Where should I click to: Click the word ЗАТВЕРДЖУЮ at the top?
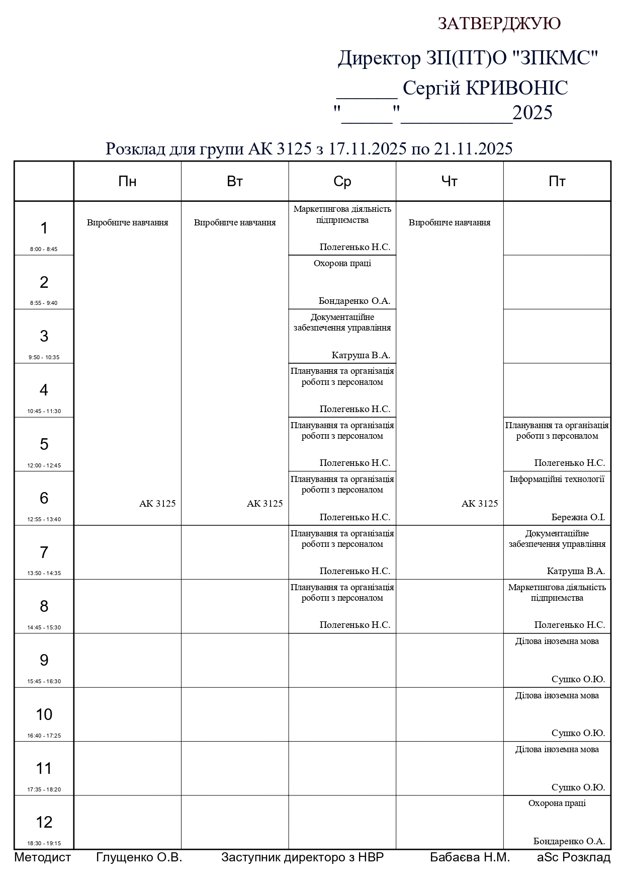tap(499, 23)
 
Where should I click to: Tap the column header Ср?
tap(342, 182)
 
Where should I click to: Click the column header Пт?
tap(557, 182)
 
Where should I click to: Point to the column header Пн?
tap(127, 182)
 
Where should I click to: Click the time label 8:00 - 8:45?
tap(44, 249)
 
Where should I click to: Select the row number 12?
tap(44, 822)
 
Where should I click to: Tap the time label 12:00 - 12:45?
tap(44, 465)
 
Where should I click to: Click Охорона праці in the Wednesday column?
tap(342, 263)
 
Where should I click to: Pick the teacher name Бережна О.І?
tap(578, 517)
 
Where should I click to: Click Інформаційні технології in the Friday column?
tap(557, 479)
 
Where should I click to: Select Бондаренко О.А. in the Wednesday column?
tap(354, 301)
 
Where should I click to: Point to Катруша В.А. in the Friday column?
tap(576, 571)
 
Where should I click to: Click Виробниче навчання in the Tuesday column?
tap(235, 222)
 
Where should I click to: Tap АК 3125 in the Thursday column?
tap(479, 503)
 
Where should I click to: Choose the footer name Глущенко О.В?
tap(139, 858)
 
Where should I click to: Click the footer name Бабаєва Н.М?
tap(470, 858)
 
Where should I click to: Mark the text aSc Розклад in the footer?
tap(573, 858)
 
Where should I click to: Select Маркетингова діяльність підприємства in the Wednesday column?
tap(342, 214)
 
